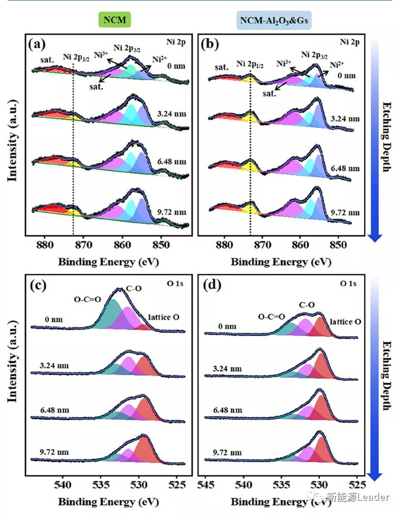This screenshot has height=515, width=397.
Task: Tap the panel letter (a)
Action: [x=37, y=44]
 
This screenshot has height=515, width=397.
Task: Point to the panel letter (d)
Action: [x=210, y=287]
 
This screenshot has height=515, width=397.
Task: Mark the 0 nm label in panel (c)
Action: [x=51, y=319]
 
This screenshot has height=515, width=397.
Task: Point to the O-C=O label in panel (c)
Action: [x=87, y=300]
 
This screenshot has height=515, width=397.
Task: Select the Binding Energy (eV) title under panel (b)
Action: [x=281, y=262]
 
